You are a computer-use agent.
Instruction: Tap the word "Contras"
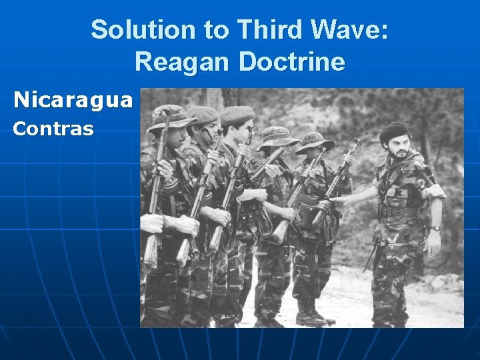[x=53, y=128]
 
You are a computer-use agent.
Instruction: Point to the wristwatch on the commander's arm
[x=435, y=229]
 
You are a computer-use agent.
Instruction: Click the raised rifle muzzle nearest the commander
[x=356, y=143]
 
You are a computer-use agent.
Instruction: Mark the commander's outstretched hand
[x=337, y=198]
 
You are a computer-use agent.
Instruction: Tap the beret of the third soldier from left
[x=237, y=114]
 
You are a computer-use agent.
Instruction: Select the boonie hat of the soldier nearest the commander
[x=315, y=141]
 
